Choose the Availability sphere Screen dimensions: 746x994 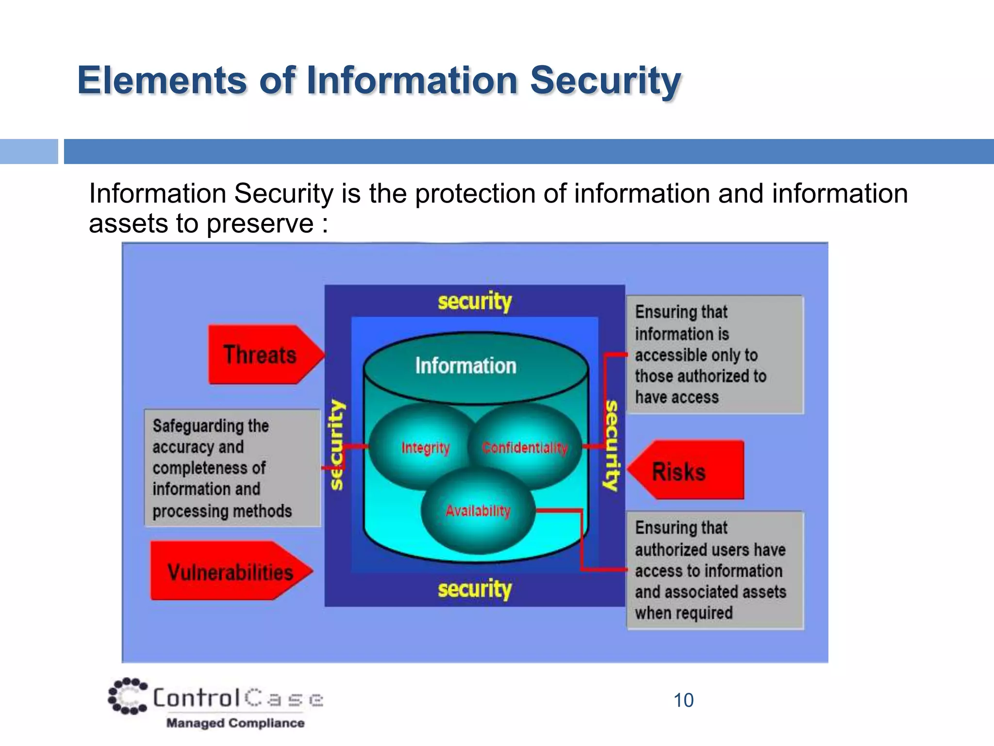(x=478, y=510)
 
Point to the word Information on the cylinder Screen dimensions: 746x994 (x=465, y=366)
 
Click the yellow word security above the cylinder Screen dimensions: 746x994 (x=475, y=301)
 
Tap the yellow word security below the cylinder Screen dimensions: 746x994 (x=475, y=589)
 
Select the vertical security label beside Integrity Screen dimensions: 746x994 (x=337, y=444)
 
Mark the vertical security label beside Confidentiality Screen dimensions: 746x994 (x=612, y=444)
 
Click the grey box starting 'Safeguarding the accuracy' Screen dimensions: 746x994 (x=232, y=468)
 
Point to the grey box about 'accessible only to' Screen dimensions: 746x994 (x=714, y=355)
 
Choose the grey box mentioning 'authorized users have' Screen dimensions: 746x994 (x=714, y=570)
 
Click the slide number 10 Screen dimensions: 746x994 (x=683, y=700)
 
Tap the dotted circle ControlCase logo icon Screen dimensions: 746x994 (x=128, y=696)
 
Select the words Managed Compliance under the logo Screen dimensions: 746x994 (x=235, y=723)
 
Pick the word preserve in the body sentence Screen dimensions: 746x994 (x=260, y=223)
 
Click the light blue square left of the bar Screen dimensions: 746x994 (x=29, y=152)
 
